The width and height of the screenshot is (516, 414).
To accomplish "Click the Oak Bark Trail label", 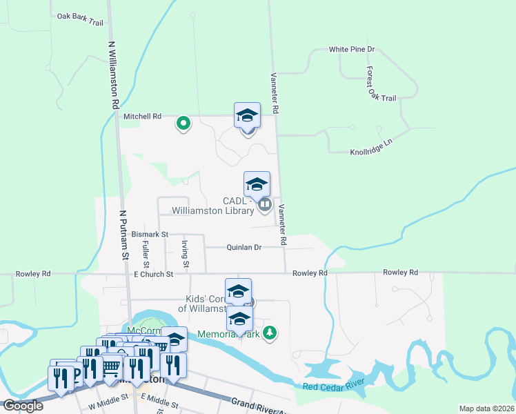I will click(x=80, y=19).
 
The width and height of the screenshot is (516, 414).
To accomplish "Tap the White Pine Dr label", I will click(x=351, y=50).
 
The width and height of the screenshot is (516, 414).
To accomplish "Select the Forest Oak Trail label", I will click(x=381, y=84).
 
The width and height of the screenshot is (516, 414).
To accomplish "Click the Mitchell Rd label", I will click(x=142, y=117).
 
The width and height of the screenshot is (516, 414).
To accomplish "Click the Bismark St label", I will click(x=150, y=235).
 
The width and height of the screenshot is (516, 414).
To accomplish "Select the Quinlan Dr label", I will click(x=244, y=247).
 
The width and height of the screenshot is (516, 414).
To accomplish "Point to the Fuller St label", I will click(x=146, y=255).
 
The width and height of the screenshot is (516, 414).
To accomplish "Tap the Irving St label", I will click(x=185, y=255).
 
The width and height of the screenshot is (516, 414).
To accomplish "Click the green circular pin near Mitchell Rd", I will click(x=183, y=124).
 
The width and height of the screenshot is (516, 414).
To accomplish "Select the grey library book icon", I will click(x=264, y=204).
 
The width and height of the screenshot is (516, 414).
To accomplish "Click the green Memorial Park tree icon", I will click(x=270, y=333).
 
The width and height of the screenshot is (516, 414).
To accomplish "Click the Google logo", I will click(x=22, y=406).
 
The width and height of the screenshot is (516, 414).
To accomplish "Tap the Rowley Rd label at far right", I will click(x=401, y=273).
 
